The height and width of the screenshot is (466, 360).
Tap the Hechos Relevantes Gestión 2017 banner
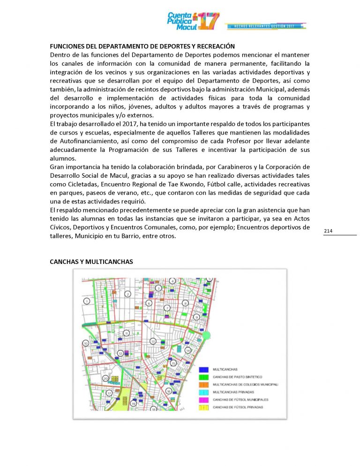click(265, 25)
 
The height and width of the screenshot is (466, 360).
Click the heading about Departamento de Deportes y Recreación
click(142, 46)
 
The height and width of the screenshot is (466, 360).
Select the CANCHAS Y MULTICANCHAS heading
click(91, 262)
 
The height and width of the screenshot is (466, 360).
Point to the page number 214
click(328, 231)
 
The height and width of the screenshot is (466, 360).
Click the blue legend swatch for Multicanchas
click(204, 369)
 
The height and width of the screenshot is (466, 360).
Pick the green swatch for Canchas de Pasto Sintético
click(204, 377)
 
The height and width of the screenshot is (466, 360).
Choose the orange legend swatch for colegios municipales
click(204, 384)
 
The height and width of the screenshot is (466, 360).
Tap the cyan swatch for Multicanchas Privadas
click(204, 392)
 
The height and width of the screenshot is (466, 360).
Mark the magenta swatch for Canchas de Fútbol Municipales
click(204, 399)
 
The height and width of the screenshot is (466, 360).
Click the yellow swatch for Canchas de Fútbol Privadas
click(204, 407)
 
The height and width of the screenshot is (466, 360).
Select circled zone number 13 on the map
click(153, 341)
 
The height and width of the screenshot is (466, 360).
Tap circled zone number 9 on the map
click(196, 317)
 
